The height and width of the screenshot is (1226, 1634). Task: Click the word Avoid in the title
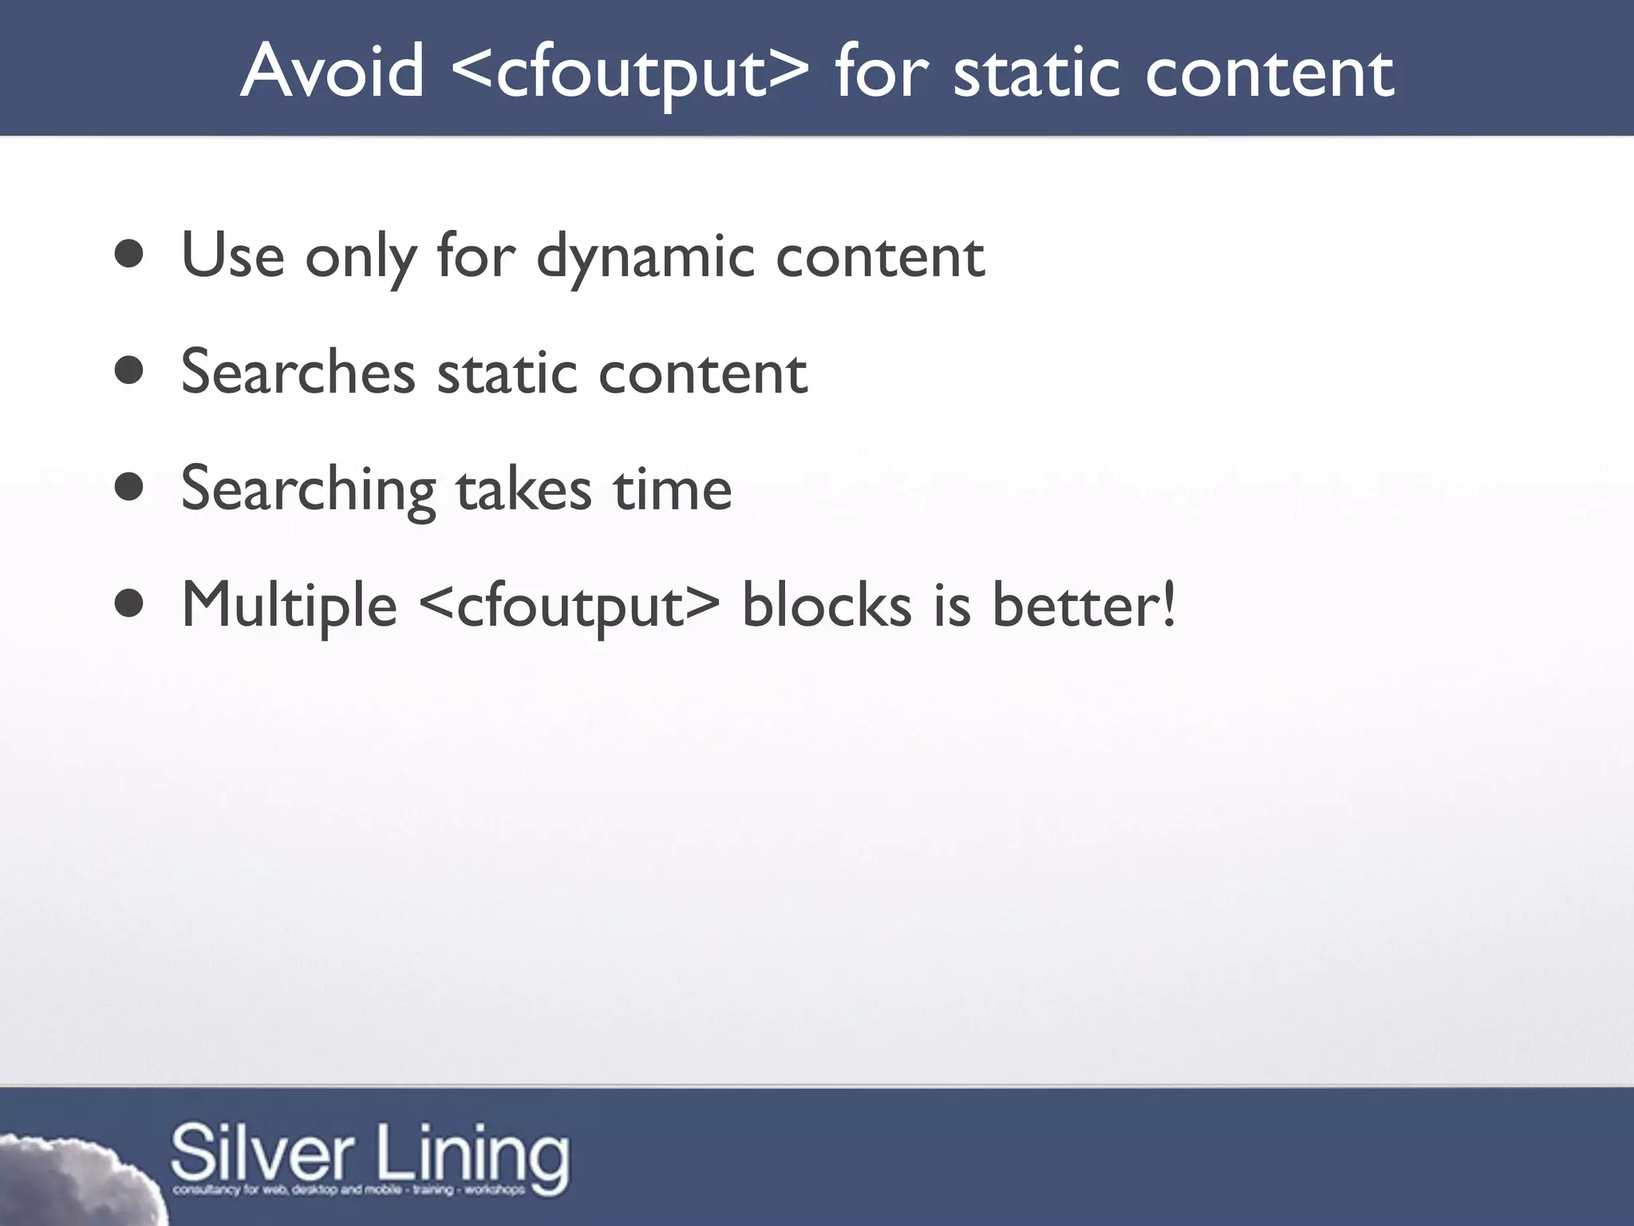point(332,72)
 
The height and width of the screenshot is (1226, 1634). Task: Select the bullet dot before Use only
point(129,255)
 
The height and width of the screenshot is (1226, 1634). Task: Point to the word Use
point(232,255)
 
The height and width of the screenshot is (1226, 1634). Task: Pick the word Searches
point(298,372)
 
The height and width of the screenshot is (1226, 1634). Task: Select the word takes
point(523,488)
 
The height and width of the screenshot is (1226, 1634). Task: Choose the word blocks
point(827,605)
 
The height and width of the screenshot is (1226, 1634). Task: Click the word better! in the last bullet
point(1083,605)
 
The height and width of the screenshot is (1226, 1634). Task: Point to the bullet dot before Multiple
point(129,604)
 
